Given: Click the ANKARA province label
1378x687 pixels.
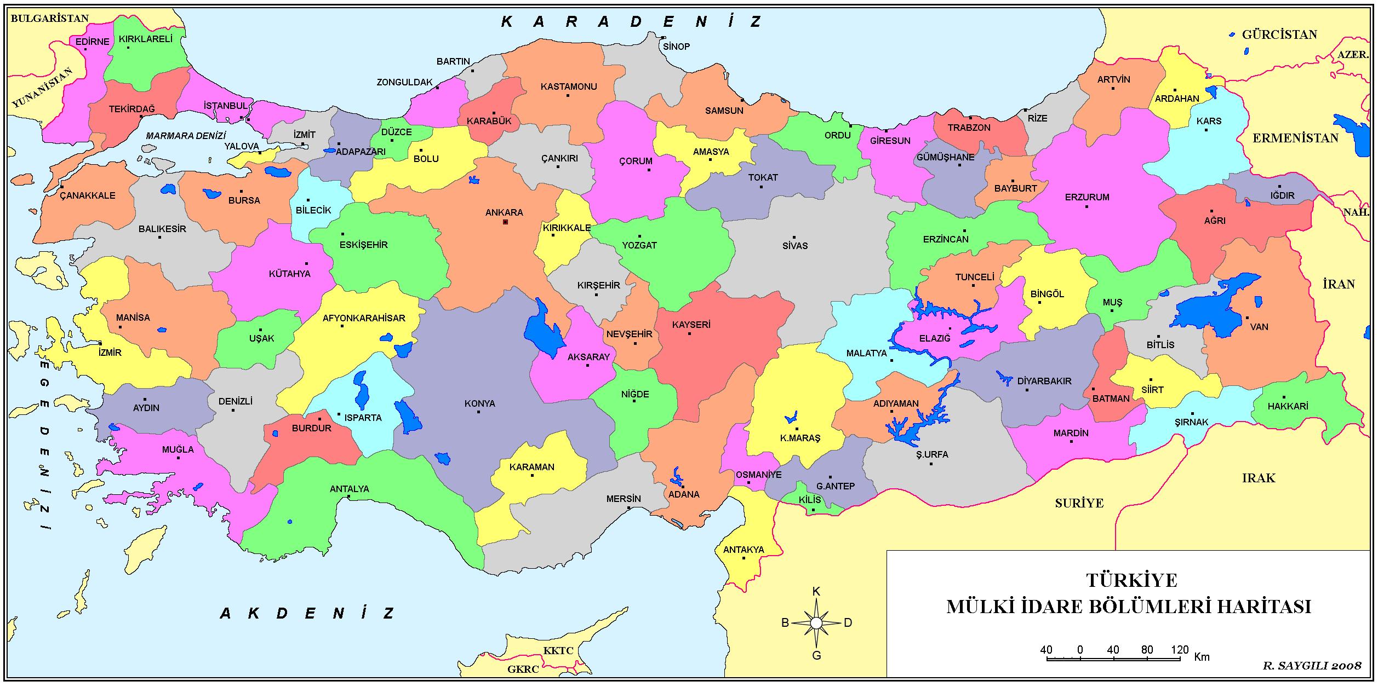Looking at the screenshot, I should tap(504, 212).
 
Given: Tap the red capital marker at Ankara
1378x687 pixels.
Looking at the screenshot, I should tap(505, 222).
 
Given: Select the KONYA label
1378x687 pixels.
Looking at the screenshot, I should tap(479, 403).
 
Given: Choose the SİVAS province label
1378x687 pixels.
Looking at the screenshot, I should tap(794, 246).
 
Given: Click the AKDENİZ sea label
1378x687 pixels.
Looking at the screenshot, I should tap(307, 613).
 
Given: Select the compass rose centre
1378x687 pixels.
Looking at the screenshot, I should tap(816, 623).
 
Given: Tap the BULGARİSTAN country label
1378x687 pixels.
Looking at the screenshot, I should tap(49, 18).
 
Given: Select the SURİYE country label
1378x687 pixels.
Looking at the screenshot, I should tap(1079, 503).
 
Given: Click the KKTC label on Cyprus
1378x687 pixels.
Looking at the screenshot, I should tap(558, 651).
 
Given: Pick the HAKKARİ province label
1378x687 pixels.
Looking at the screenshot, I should tap(1288, 406).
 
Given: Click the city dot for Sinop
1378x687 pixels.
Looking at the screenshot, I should tap(664, 38).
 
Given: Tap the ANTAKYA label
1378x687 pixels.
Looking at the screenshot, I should tap(744, 550).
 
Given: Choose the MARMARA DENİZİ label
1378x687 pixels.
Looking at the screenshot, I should tap(186, 136).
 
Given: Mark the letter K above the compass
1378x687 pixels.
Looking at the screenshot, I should tap(816, 591).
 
